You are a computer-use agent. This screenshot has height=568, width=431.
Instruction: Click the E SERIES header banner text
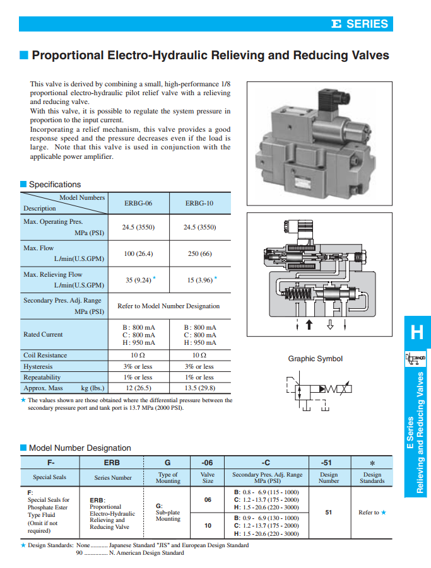tap(359, 24)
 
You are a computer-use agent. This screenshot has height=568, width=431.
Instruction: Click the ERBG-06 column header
tap(138, 204)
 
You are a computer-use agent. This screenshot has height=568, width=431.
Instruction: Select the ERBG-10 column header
tap(199, 204)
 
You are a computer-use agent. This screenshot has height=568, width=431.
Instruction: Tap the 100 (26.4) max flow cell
tap(138, 253)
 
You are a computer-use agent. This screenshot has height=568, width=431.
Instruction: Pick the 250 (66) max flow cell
tap(199, 253)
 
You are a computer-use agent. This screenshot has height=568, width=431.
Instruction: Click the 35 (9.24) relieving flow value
tap(136, 280)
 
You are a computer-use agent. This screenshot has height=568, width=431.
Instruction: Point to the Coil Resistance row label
tap(45, 355)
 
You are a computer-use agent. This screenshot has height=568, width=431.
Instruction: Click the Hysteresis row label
tap(38, 366)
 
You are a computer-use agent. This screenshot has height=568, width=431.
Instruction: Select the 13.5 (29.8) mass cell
tap(199, 388)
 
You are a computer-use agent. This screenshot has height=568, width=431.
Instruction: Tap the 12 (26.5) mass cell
tap(138, 388)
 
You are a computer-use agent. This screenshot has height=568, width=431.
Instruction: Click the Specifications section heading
tap(55, 185)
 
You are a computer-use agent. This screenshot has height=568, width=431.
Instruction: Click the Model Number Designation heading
tap(80, 448)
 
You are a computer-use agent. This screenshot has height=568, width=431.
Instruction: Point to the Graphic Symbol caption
tap(315, 359)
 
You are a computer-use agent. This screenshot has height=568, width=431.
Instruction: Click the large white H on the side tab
tap(416, 332)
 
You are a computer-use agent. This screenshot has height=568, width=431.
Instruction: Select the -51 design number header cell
tap(328, 462)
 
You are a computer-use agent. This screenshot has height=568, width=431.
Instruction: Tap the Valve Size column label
tap(207, 477)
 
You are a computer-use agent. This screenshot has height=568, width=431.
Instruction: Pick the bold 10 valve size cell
tap(207, 525)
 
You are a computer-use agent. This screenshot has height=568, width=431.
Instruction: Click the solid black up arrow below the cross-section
tap(309, 325)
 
